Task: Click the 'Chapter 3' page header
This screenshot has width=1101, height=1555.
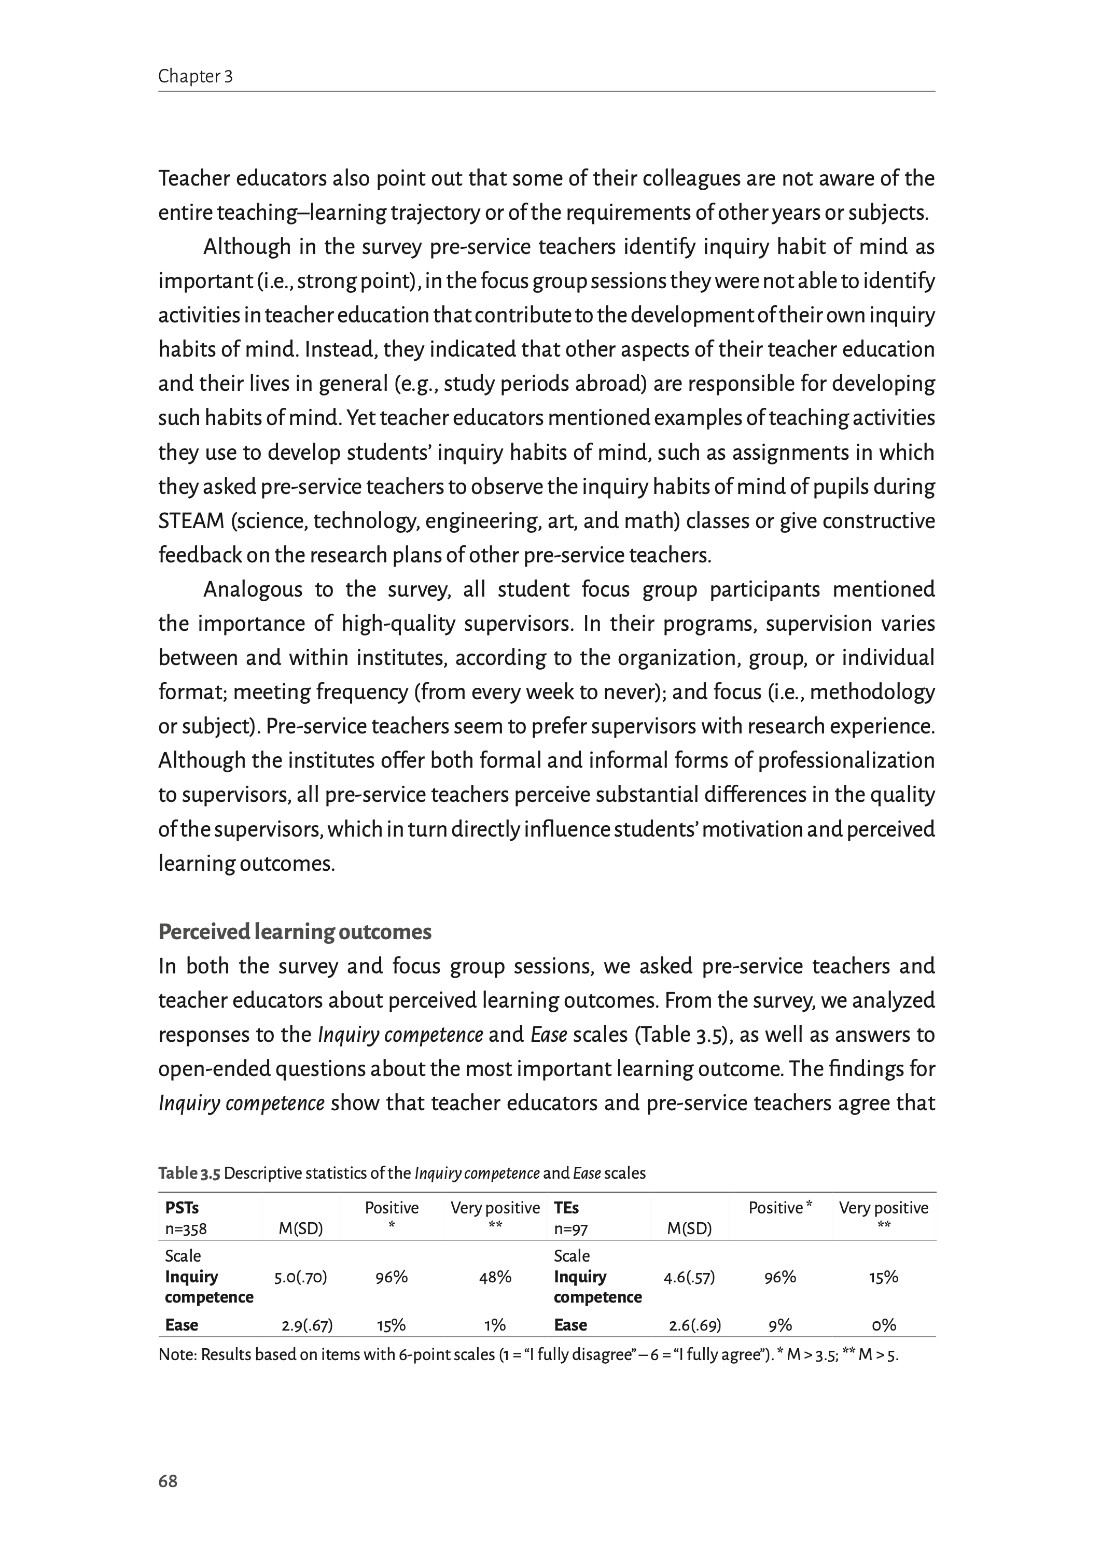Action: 195,77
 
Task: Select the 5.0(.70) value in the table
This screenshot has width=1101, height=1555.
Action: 300,1277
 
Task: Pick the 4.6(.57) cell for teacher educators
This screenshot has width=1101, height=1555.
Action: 689,1277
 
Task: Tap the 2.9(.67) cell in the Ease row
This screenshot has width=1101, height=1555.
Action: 307,1325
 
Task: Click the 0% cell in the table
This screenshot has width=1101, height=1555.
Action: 883,1325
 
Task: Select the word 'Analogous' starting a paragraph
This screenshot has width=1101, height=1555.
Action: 253,589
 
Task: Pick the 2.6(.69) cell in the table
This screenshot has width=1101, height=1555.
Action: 694,1325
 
